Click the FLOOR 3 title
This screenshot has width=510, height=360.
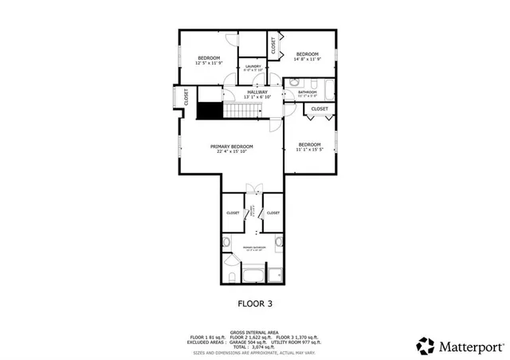[256, 303]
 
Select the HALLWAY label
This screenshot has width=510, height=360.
[257, 93]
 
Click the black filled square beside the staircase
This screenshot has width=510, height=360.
[209, 111]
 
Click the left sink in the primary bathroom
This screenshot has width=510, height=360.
[226, 241]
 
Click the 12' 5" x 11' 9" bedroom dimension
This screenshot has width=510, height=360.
[209, 61]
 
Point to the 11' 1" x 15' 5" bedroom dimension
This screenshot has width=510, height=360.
[312, 147]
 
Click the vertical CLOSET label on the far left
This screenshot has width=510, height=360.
[186, 97]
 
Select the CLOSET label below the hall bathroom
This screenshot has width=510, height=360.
[320, 109]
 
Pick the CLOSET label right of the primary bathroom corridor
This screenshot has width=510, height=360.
[273, 213]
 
